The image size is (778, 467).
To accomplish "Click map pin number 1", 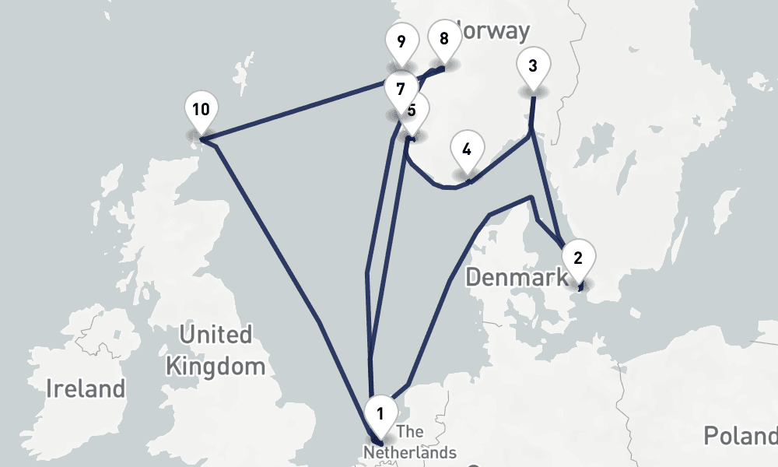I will coord(380,413).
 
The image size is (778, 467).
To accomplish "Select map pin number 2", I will coord(577,257).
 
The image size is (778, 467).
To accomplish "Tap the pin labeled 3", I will coord(532,65).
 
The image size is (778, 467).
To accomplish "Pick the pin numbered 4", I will coord(467,149).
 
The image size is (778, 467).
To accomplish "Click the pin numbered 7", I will coord(401,88).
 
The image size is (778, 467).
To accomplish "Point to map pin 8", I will coord(444,38).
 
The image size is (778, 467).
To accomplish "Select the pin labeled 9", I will coord(401,41).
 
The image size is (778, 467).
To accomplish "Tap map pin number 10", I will coord(201,109).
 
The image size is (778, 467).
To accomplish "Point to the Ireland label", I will coord(86,388).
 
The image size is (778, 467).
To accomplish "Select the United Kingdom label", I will coord(216,350).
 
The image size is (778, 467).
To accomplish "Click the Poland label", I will coord(740,435).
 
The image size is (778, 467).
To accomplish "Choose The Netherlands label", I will coord(411,442).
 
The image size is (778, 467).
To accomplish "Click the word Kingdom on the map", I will coord(216,366).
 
